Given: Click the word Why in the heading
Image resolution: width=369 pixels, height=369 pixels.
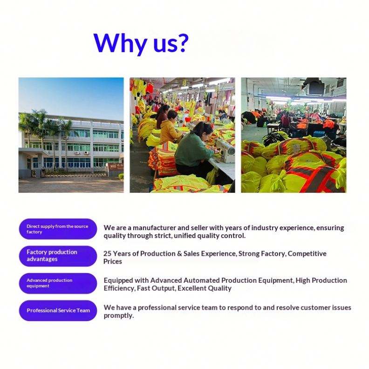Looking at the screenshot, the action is click(x=120, y=44).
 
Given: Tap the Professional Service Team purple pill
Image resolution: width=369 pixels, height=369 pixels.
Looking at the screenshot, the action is click(x=58, y=310).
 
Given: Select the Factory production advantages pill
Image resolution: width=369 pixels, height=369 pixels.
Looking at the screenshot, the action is click(x=58, y=256).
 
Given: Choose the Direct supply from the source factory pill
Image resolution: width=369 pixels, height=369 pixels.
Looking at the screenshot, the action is click(x=58, y=229).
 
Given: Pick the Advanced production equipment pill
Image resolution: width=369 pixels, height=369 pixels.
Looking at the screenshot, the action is click(x=58, y=283).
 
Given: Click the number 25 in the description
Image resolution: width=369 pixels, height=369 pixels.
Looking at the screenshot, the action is click(x=107, y=253).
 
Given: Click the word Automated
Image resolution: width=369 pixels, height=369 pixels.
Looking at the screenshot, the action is click(x=201, y=280).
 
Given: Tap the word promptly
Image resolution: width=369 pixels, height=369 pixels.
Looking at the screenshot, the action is click(x=119, y=316).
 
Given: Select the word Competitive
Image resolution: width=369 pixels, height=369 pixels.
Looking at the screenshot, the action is click(x=307, y=253).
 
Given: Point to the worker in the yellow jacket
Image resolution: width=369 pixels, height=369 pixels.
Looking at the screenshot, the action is click(x=170, y=127).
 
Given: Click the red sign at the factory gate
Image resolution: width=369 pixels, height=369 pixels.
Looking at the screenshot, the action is click(x=116, y=167).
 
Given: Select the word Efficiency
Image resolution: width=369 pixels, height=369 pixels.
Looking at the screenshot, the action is click(x=119, y=288).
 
